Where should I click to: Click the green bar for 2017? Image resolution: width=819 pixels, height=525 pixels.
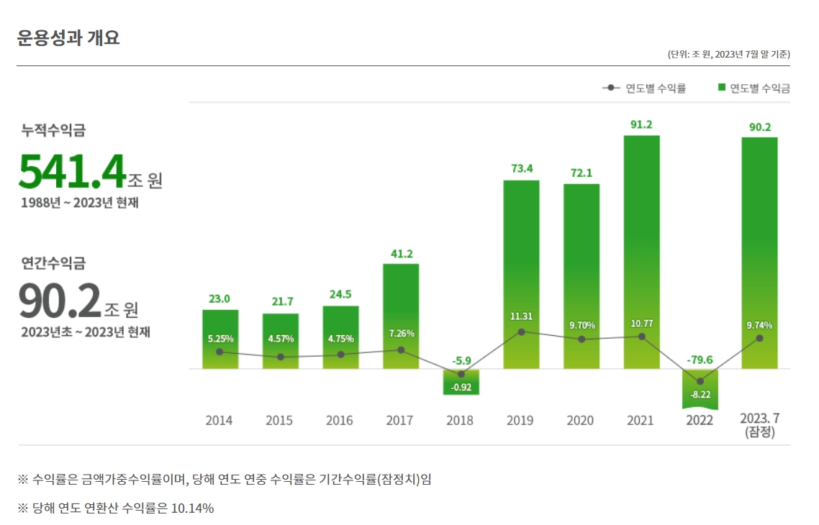401,316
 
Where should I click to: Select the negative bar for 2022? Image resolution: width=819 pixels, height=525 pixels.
700,388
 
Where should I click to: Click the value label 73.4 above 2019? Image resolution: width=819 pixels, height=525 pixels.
521,169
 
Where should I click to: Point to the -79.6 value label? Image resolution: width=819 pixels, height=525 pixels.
700,360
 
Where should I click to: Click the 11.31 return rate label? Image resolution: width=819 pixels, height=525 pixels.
521,316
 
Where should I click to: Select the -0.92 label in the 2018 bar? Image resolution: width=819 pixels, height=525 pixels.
461,387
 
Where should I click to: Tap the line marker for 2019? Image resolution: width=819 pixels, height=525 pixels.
521,332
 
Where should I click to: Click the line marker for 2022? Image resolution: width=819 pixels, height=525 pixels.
700,381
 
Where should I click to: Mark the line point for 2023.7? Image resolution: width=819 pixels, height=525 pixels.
759,338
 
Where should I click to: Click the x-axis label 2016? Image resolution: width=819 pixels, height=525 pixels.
340,421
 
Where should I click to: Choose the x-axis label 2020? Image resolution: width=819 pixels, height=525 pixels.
581,421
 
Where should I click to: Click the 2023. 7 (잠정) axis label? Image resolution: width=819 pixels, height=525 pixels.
759,426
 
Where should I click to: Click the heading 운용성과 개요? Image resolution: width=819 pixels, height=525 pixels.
68,37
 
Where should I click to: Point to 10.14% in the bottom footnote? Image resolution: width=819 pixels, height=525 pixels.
192,508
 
